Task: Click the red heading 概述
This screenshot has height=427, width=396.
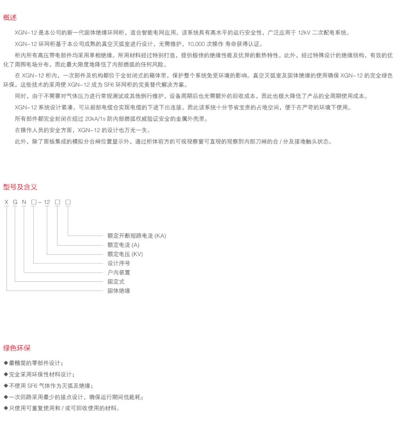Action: [10, 18]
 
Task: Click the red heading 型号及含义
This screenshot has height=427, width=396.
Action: [20, 187]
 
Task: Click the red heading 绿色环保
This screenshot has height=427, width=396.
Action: [17, 348]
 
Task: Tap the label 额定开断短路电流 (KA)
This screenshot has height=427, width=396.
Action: [137, 236]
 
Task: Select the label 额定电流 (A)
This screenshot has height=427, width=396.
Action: [123, 245]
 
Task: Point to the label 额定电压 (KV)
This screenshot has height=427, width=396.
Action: [125, 254]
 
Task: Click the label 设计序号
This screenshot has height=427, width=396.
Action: [119, 263]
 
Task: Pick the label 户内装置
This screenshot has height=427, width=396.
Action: [119, 272]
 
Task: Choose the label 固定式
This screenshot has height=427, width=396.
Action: [116, 281]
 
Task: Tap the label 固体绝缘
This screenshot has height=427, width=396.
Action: [119, 291]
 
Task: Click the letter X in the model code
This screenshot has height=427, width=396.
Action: [7, 202]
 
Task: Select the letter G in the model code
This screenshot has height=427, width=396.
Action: [15, 202]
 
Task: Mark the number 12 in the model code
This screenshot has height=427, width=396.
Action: [47, 202]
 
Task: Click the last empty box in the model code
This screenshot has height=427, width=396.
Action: [68, 202]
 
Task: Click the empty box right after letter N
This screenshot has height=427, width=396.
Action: [34, 202]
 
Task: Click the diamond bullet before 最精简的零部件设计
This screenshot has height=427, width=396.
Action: [6, 363]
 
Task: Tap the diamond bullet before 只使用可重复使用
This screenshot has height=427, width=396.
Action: [6, 408]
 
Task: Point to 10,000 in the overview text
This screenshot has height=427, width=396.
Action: [196, 44]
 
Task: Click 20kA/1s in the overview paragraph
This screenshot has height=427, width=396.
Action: [95, 119]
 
